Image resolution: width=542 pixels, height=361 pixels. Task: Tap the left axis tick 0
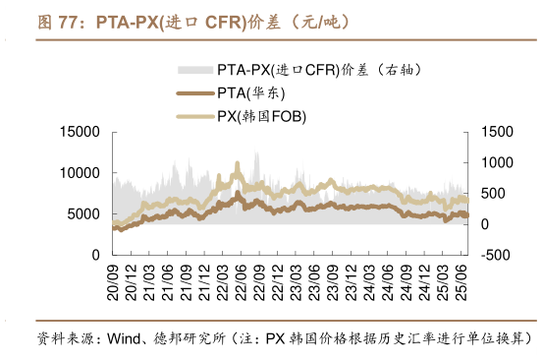[x=95, y=255]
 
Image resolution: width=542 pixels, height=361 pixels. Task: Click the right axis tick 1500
[x=499, y=132]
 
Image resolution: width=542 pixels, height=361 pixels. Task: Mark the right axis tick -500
[x=497, y=255]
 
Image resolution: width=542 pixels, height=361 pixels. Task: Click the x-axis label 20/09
[x=115, y=280]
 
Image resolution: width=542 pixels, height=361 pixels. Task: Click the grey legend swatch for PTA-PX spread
[x=194, y=71]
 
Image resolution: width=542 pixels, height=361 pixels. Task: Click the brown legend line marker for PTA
[x=194, y=93]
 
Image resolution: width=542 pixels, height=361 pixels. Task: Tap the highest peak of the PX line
[x=237, y=164]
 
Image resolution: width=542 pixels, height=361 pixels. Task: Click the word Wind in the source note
[x=123, y=338]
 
